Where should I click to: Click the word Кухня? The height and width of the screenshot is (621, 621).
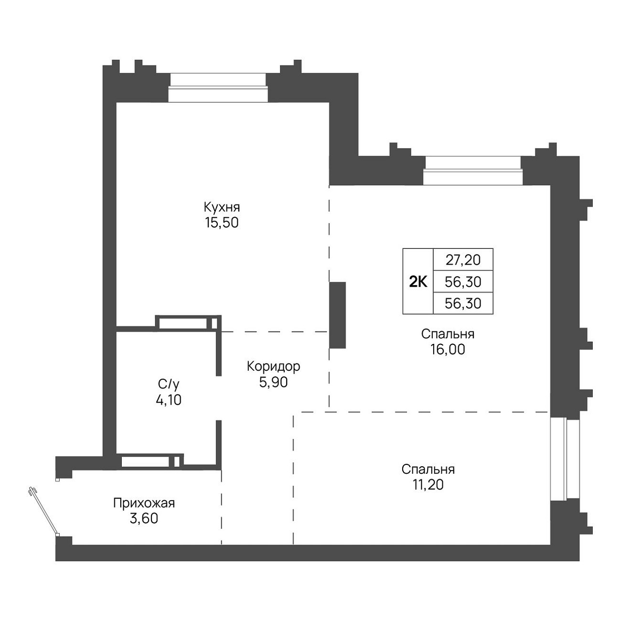point(222,207)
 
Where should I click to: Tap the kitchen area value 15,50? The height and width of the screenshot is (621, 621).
point(222,223)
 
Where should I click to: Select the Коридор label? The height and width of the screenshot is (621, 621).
point(273,366)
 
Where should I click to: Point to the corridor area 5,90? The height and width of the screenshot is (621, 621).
point(273,382)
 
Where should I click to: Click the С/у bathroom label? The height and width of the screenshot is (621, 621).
point(169,385)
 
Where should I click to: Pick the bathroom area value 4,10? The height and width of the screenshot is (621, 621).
point(169,400)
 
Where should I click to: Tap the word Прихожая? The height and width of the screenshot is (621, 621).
point(144,503)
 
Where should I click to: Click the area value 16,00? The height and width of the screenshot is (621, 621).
point(448,350)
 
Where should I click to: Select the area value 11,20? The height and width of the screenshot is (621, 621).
point(428,485)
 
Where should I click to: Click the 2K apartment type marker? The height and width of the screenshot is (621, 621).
point(418,282)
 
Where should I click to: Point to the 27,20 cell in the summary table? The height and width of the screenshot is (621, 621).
point(463,260)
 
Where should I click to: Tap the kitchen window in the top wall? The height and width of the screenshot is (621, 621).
point(218,87)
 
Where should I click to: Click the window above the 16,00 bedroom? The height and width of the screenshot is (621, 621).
point(472,171)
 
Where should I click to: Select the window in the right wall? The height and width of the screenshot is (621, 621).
point(565,459)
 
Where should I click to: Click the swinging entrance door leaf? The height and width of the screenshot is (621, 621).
point(44,512)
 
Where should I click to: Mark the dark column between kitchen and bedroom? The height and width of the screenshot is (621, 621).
point(337,315)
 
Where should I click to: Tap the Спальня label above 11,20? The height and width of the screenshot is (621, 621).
point(428,470)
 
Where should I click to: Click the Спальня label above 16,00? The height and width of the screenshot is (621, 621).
point(448,334)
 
